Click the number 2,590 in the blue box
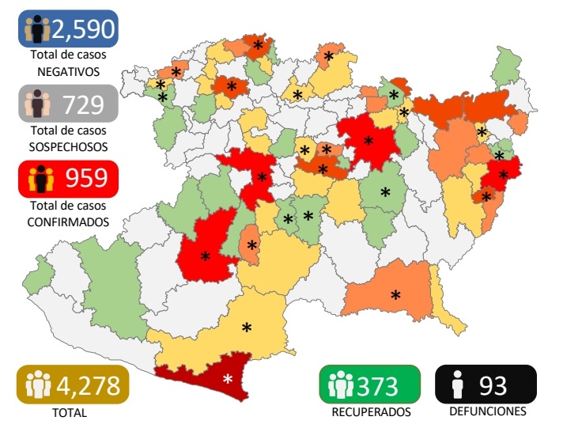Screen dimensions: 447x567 pos(82,29)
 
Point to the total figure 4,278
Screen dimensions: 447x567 pos(88,386)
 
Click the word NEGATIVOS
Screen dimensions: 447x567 pos(68,71)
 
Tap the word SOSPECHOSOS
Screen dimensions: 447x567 pos(68,146)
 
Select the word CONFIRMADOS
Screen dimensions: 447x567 pos(68,222)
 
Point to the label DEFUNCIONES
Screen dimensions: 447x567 pos(487,411)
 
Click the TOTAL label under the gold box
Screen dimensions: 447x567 pos(70,412)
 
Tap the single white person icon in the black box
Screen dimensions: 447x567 pos(456,385)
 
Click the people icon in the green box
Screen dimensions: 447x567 pos(340,385)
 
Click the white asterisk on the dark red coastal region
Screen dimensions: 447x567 pos(228,379)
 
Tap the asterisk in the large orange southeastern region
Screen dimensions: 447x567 pos(395,295)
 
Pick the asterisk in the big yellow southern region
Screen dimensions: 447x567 pos(247,328)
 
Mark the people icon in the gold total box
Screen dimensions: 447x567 pos(38,386)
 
